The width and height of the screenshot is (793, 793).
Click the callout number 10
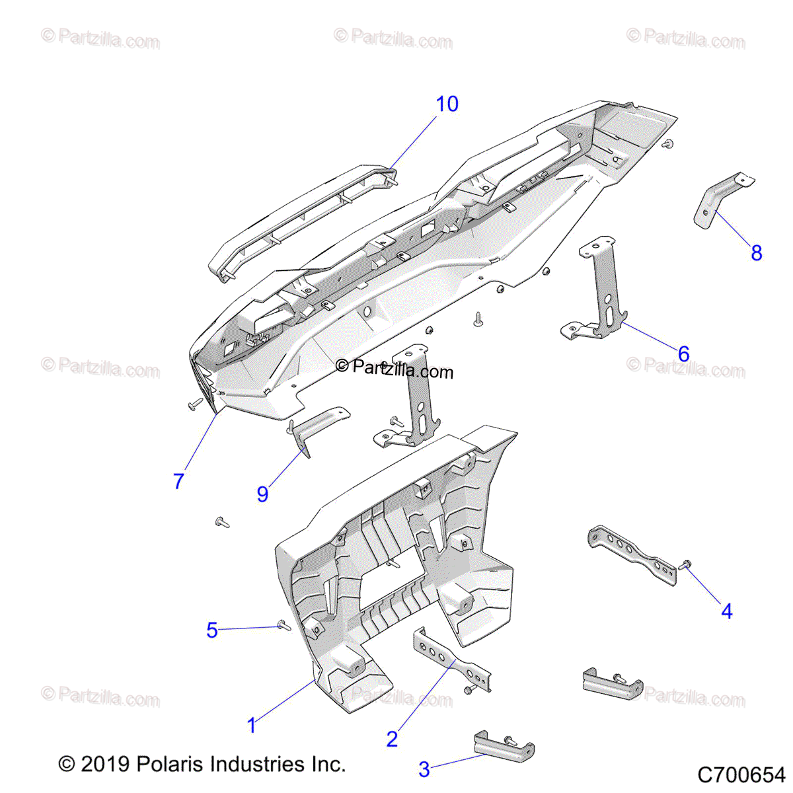click(447, 104)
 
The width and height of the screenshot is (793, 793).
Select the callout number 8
click(757, 253)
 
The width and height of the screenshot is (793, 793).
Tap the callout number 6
click(683, 354)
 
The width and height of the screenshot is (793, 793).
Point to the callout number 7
click(178, 482)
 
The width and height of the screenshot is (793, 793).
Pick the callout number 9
click(262, 494)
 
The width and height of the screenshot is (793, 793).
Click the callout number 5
click(211, 630)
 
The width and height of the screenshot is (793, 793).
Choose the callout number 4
click(727, 611)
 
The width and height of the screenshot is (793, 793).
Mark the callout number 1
click(251, 726)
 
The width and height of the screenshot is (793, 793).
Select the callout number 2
click(392, 739)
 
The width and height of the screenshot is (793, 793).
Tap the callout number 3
click(424, 770)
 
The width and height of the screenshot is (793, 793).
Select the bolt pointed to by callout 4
click(685, 565)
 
